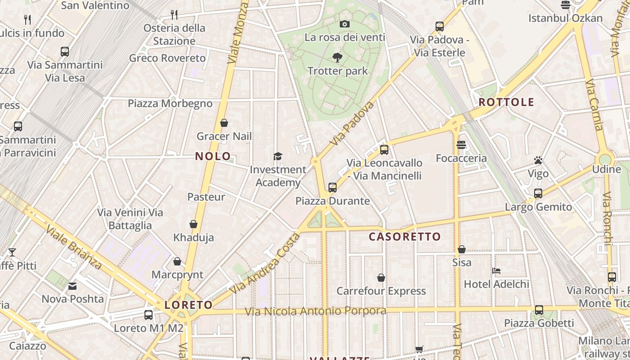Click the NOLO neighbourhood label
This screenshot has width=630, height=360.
[x=213, y=157]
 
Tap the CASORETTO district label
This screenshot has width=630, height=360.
[x=405, y=237]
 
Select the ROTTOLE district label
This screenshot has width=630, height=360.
[x=506, y=102]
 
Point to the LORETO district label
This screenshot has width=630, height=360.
[x=189, y=305]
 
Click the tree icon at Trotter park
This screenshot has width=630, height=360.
[x=337, y=58]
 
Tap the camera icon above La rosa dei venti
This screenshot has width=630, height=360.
[x=345, y=24]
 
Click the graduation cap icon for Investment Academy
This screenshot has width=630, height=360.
[x=278, y=156]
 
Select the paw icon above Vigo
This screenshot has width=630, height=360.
[x=538, y=160]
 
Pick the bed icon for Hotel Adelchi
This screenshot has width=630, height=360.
[x=496, y=271]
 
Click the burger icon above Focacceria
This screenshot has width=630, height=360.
[x=461, y=145]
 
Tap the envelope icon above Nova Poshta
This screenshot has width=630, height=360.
[x=72, y=286]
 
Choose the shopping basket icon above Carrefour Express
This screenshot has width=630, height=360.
[x=381, y=278]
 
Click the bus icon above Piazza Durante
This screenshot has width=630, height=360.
[x=333, y=187]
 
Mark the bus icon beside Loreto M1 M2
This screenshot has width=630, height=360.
[x=148, y=315]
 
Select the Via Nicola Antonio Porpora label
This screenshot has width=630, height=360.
[x=315, y=311]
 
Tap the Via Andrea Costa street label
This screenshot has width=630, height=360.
[x=265, y=264]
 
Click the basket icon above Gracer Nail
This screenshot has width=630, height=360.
[x=224, y=123]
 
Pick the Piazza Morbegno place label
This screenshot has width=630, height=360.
[x=170, y=103]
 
